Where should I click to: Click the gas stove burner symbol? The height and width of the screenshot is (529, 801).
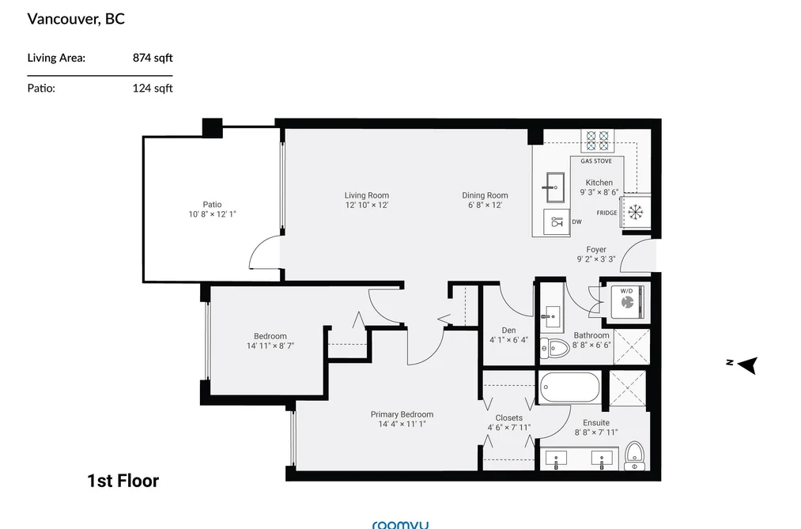tap(597, 142)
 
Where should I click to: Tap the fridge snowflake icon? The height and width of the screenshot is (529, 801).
tap(635, 212)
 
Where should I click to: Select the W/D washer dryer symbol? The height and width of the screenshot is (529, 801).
tap(627, 302)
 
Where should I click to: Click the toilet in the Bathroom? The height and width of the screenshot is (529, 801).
tap(554, 350)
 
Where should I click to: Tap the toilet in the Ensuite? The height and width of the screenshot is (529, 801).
tap(634, 456)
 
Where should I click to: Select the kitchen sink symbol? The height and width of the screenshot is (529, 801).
tap(554, 188)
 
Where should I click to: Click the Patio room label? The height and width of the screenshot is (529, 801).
tap(212, 204)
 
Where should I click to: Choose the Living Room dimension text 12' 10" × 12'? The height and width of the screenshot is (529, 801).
tap(367, 205)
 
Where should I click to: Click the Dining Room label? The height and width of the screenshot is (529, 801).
tap(485, 195)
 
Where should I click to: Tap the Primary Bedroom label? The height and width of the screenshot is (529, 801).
tap(402, 414)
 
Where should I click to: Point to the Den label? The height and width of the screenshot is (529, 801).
tap(508, 331)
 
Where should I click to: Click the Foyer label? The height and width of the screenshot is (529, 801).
tap(596, 249)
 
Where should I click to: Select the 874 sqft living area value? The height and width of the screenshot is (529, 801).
tap(153, 58)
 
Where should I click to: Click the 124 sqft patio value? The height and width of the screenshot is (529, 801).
tap(153, 88)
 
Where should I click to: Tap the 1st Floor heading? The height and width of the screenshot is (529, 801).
tap(123, 481)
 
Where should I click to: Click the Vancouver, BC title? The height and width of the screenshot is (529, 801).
tap(76, 19)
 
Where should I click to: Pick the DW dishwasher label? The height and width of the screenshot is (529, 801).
tap(576, 221)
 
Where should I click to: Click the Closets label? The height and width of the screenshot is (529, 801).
tap(508, 418)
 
